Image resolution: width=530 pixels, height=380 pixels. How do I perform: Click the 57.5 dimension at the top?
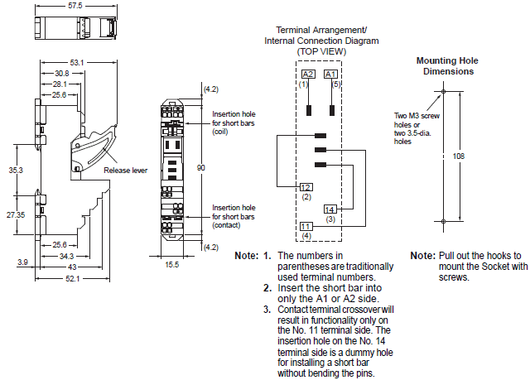click(x=76, y=6)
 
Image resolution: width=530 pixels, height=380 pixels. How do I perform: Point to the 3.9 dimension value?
click(x=22, y=262)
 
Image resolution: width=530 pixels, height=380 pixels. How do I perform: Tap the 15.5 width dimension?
click(x=171, y=264)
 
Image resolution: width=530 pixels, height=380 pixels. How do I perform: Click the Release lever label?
click(x=125, y=171)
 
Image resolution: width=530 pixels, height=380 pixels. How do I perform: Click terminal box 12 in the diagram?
click(x=306, y=187)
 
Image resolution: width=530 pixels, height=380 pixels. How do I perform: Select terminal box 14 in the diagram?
click(x=330, y=209)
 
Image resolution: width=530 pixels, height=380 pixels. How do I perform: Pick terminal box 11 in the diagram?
click(x=306, y=226)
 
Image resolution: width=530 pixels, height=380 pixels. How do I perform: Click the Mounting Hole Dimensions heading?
click(x=447, y=66)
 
